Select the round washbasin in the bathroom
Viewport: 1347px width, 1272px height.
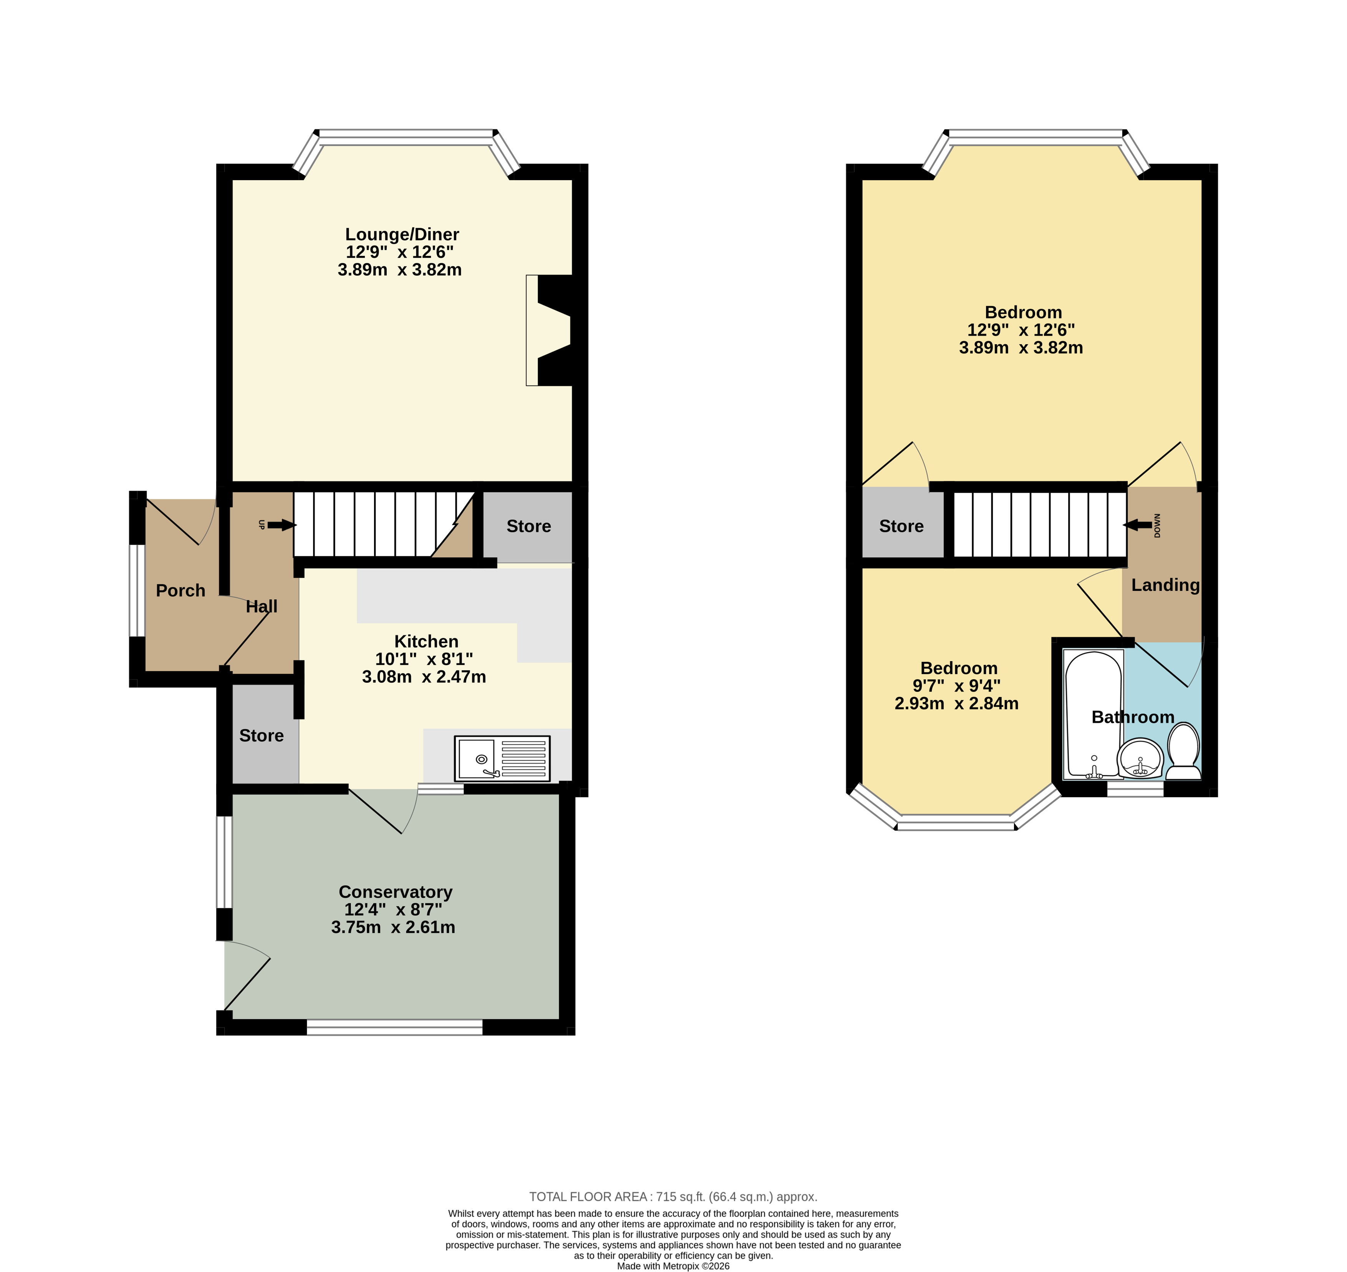[x=1140, y=760]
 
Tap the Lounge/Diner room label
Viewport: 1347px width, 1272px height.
[x=402, y=235]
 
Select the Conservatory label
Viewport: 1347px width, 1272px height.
[x=395, y=892]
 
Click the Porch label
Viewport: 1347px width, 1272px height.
[x=180, y=590]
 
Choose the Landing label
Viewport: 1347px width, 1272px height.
[x=1165, y=585]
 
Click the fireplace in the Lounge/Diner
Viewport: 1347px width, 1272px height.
[x=549, y=330]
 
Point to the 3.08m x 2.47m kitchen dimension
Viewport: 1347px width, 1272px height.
[x=424, y=677]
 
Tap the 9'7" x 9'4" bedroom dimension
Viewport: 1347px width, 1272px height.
[x=956, y=686]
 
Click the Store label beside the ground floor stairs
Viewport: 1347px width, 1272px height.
[x=529, y=526]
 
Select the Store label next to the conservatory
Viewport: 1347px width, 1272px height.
[x=262, y=736]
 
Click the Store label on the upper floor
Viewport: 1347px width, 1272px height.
[x=901, y=526]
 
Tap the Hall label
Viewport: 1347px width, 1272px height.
[x=262, y=606]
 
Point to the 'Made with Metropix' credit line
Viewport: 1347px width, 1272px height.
[x=673, y=1266]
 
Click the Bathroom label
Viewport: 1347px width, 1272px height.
[x=1133, y=717]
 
